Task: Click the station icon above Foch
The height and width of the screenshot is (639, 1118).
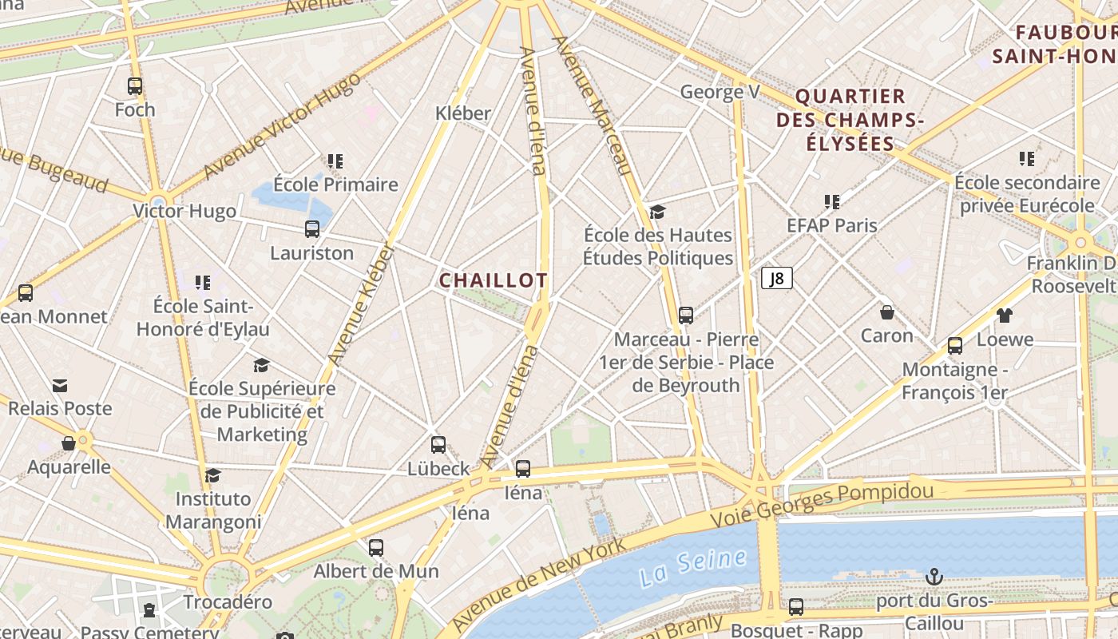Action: click(x=135, y=86)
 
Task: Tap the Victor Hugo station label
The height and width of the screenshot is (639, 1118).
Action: click(x=184, y=212)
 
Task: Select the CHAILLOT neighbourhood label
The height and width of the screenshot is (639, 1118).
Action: click(x=493, y=280)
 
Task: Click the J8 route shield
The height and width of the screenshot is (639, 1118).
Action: click(x=777, y=278)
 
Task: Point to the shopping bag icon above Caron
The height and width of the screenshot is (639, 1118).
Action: click(x=886, y=312)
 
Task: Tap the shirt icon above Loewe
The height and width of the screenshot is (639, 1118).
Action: click(x=1004, y=316)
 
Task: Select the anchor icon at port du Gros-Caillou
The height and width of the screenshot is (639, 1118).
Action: click(x=934, y=576)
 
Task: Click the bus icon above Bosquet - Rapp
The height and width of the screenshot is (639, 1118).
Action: click(x=796, y=606)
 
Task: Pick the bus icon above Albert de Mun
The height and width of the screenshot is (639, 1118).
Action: click(x=376, y=548)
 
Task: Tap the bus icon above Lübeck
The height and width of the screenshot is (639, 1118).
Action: click(x=438, y=445)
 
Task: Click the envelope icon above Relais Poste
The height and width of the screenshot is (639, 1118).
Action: click(x=60, y=386)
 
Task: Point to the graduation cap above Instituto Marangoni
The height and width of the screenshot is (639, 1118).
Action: click(x=212, y=476)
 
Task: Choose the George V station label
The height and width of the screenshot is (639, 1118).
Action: click(x=720, y=93)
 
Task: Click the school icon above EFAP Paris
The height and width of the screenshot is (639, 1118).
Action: click(x=832, y=202)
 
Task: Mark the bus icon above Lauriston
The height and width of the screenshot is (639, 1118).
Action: click(x=312, y=229)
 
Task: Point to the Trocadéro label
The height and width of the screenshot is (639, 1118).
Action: click(x=228, y=601)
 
